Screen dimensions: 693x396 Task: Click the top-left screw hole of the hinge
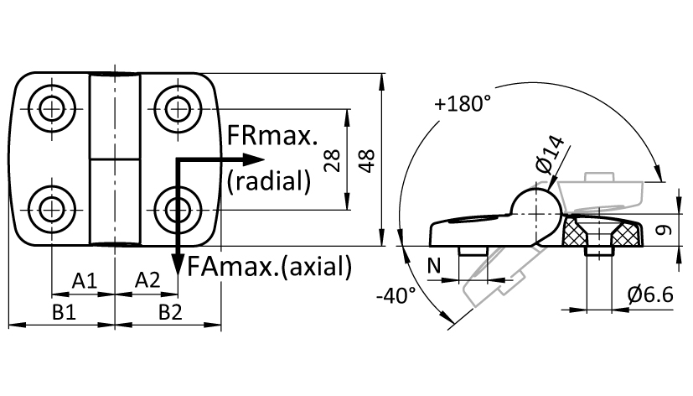coord(52,108)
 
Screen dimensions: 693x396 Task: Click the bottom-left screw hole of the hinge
coord(52,209)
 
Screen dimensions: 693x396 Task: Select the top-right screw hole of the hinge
coord(178,108)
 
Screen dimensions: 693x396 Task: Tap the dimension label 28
coord(333,159)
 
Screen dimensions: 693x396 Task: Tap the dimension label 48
coord(367,160)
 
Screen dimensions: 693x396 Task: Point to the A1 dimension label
coord(85,280)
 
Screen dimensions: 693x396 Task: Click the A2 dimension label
coord(147,280)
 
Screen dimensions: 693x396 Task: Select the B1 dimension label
coord(64,312)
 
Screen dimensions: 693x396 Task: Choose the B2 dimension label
coord(170,312)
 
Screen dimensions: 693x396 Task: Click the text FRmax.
coord(272,135)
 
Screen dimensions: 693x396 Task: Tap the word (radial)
coord(269,180)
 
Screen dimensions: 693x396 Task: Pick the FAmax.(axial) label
coord(270,266)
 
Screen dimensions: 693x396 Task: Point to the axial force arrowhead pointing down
coord(178,265)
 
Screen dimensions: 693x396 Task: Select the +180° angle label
coord(463,104)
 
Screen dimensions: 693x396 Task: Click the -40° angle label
coord(396,295)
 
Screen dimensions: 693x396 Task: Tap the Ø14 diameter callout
coord(550,155)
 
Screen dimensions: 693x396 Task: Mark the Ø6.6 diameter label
coord(650,294)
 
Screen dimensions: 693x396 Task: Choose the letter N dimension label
coord(434,266)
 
